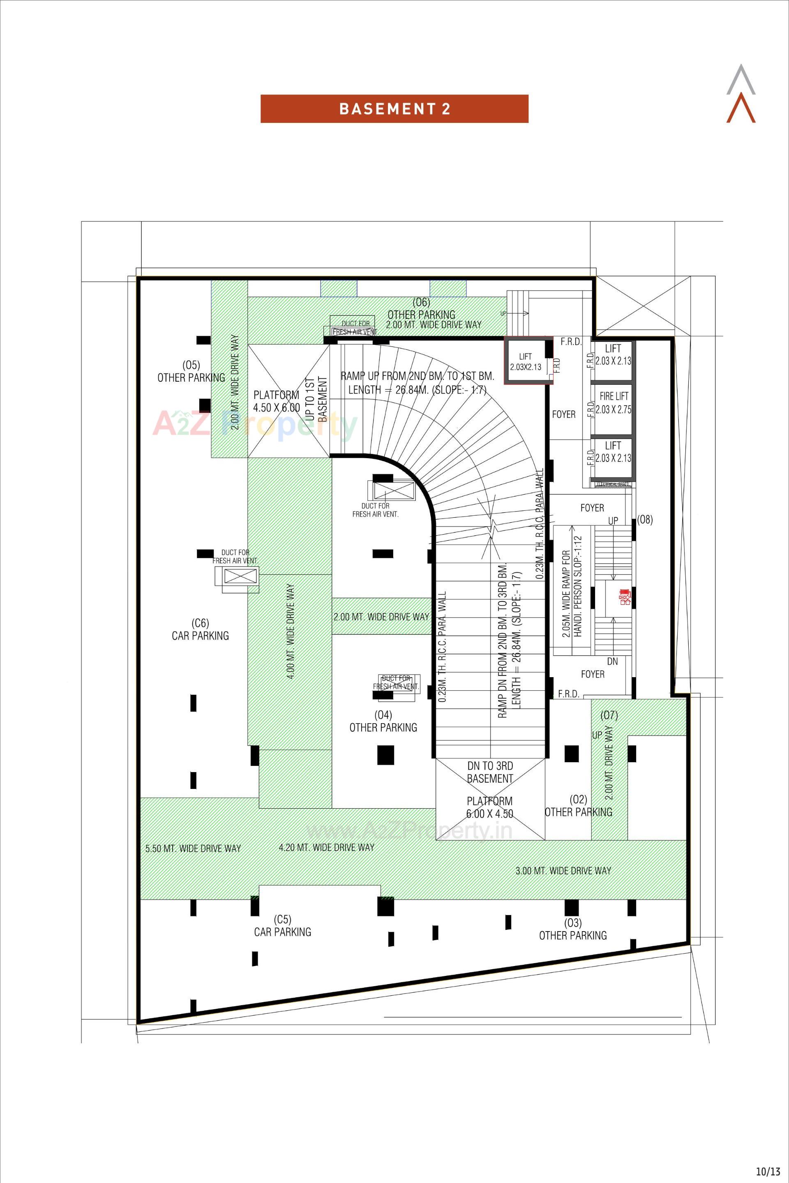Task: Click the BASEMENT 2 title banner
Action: pyautogui.click(x=394, y=109)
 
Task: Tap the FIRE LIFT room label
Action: pyautogui.click(x=614, y=403)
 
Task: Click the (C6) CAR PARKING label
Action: pyautogui.click(x=200, y=630)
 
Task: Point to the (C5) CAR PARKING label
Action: pyautogui.click(x=282, y=926)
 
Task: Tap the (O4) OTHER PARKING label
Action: pyautogui.click(x=383, y=721)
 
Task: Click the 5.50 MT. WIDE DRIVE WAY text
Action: pyautogui.click(x=193, y=849)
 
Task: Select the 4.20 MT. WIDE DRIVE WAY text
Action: pyautogui.click(x=327, y=847)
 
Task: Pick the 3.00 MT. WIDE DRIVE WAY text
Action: pyautogui.click(x=563, y=871)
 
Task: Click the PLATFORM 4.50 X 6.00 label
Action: pyautogui.click(x=276, y=401)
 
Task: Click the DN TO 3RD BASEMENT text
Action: pyautogui.click(x=489, y=772)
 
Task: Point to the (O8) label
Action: pyautogui.click(x=645, y=520)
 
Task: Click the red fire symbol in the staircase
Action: pyautogui.click(x=625, y=597)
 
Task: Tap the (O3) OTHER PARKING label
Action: pyautogui.click(x=572, y=929)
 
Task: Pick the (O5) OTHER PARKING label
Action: pyautogui.click(x=191, y=371)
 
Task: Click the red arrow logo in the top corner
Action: pyautogui.click(x=741, y=110)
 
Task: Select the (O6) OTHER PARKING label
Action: pyautogui.click(x=421, y=309)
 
